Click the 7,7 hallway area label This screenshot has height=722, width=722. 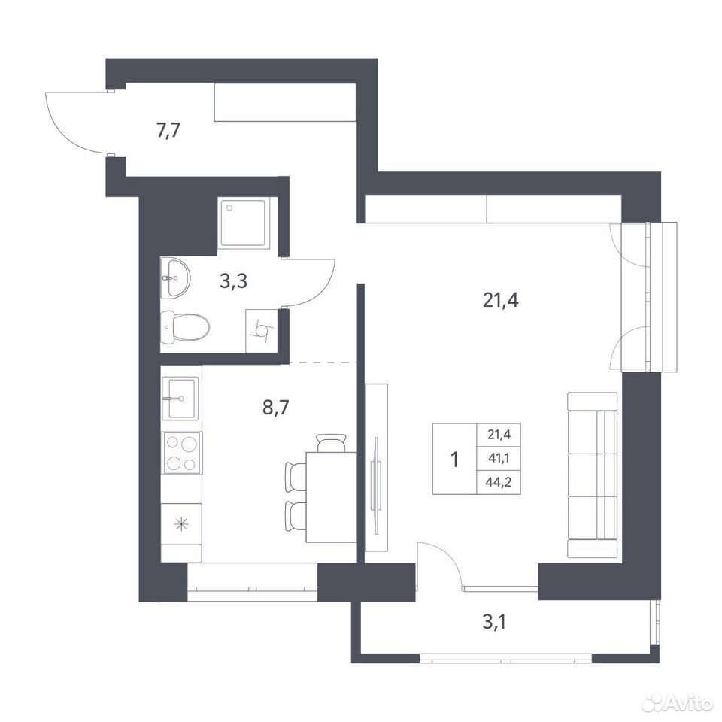click(x=168, y=131)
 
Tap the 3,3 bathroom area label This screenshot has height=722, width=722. click(x=233, y=281)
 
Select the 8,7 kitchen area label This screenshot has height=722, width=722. click(x=275, y=408)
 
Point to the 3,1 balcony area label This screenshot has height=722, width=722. click(x=495, y=623)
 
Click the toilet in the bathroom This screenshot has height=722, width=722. click(x=185, y=327)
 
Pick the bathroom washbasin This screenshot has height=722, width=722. click(x=175, y=278)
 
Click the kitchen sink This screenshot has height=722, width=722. click(x=180, y=398)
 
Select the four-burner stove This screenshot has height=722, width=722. click(x=181, y=453)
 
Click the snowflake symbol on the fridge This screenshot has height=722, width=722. click(x=181, y=524)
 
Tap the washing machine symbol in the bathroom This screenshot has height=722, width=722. click(x=262, y=331)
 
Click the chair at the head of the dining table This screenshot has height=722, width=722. click(x=331, y=442)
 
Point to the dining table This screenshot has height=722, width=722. click(x=332, y=497)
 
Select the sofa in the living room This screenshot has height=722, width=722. click(x=592, y=475)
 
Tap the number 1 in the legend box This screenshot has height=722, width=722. click(x=455, y=460)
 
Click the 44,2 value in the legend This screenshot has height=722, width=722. click(x=499, y=483)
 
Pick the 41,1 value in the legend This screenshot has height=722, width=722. click(x=499, y=459)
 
